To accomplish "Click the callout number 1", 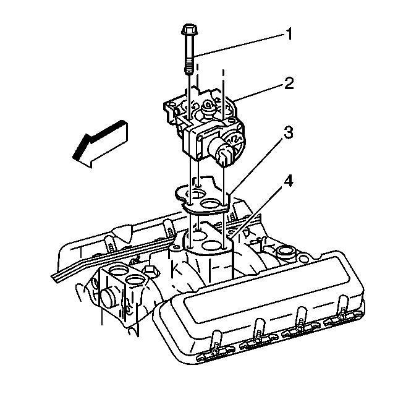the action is [288, 35].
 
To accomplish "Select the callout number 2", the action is [289, 83].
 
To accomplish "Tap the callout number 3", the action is [289, 133].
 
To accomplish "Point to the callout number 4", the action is [289, 182].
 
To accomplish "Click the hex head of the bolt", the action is [188, 29].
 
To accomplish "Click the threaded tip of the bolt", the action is [188, 67].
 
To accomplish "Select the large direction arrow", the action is [101, 144].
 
